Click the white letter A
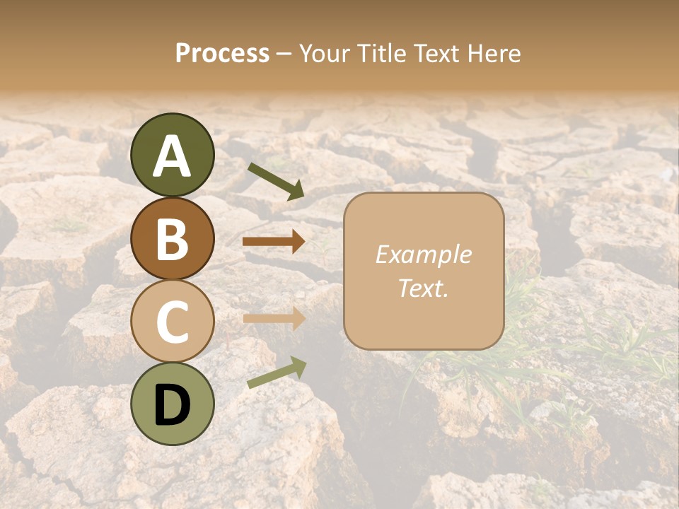(172, 157)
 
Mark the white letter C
(172, 322)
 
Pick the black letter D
(172, 405)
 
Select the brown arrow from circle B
(274, 242)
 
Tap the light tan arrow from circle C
(274, 318)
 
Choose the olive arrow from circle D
(277, 373)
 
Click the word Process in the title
(222, 54)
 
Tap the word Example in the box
(423, 255)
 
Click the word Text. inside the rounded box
(423, 288)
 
